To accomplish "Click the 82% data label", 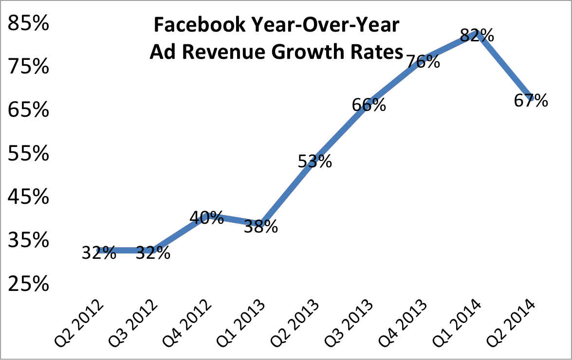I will [478, 36].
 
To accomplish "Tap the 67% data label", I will [531, 101].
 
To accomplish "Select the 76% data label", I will [423, 62].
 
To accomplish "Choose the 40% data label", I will [207, 218].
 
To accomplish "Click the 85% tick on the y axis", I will [29, 23].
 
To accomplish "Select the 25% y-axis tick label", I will [29, 284].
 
